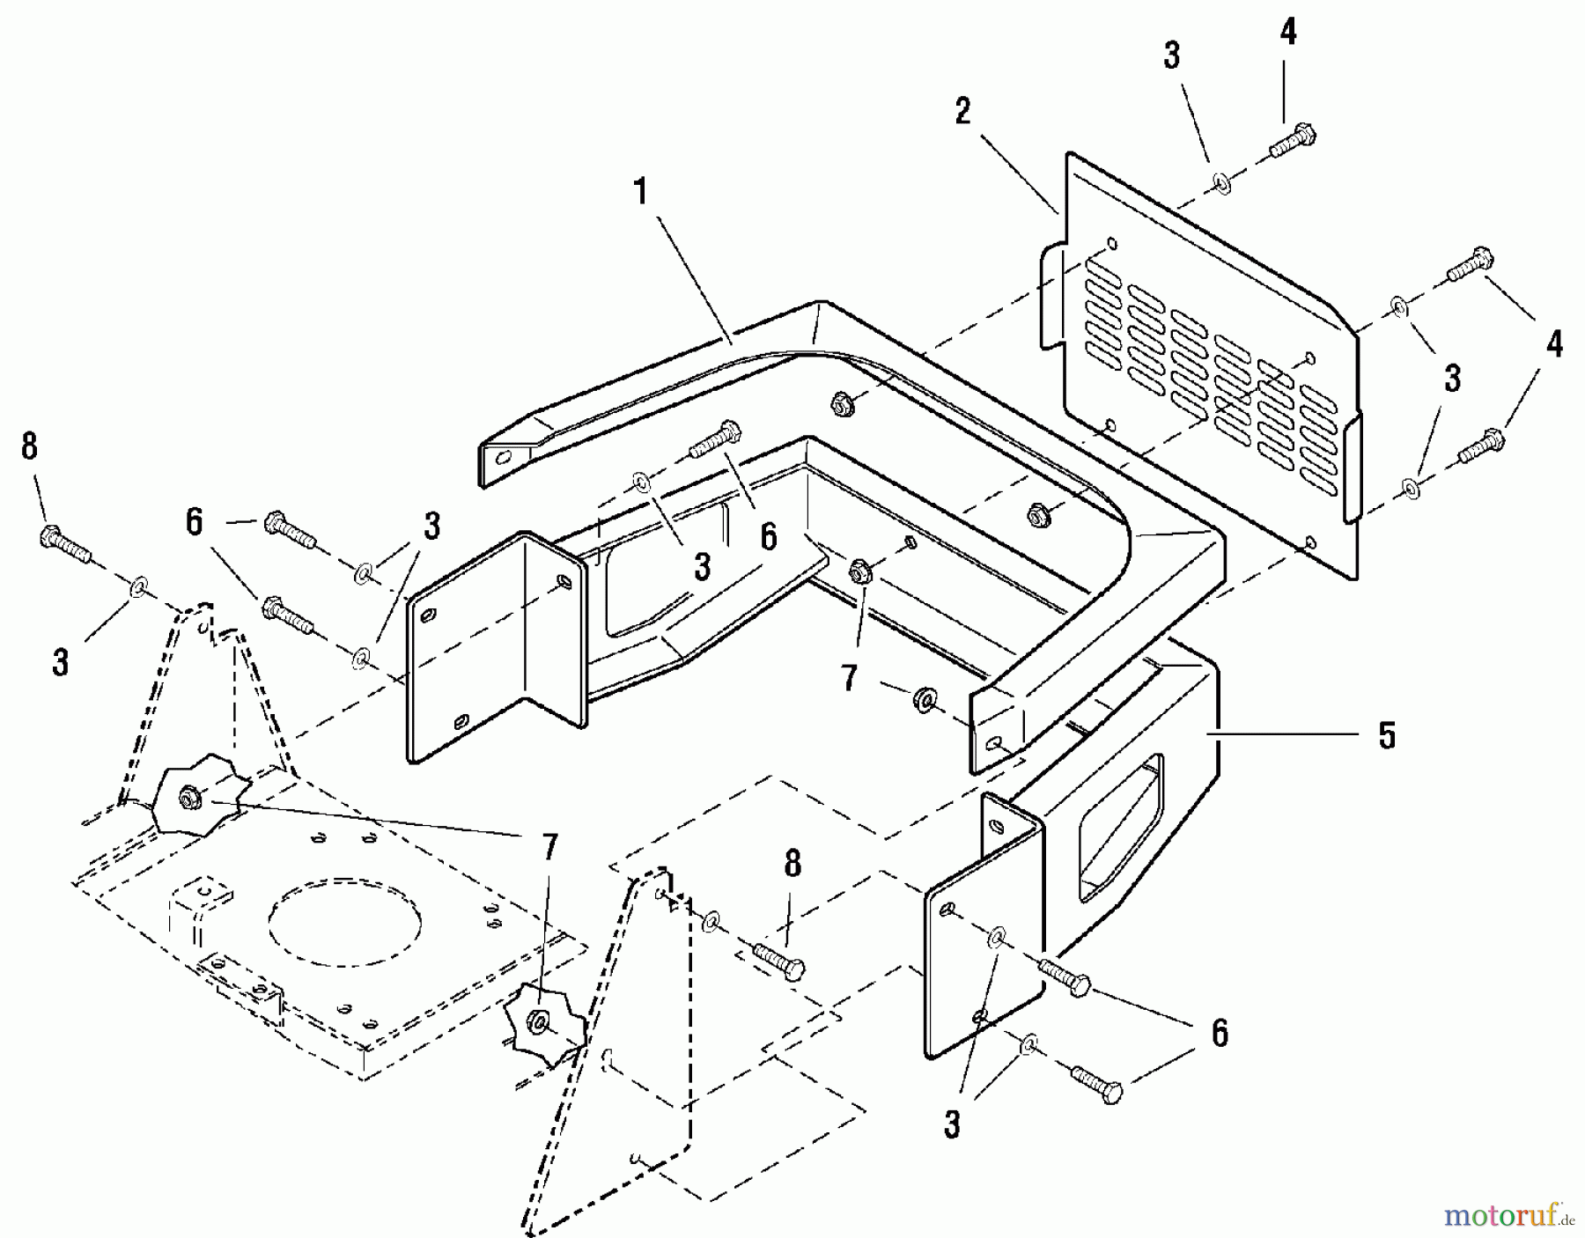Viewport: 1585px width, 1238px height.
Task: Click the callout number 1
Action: click(x=642, y=191)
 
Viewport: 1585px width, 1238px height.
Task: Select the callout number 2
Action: click(x=962, y=112)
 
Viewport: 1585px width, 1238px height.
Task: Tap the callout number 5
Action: click(x=1387, y=735)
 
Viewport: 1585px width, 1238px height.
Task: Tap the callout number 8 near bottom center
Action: click(x=792, y=865)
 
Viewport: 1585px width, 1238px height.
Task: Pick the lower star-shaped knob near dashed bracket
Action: click(x=539, y=1026)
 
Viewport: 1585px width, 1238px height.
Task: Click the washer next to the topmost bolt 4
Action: click(x=1221, y=182)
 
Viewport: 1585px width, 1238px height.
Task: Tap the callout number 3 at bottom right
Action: click(x=952, y=1124)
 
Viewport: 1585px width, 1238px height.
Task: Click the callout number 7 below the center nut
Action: click(x=849, y=678)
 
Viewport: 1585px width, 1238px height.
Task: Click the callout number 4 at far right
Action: click(x=1554, y=343)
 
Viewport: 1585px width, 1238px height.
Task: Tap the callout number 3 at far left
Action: click(x=60, y=662)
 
